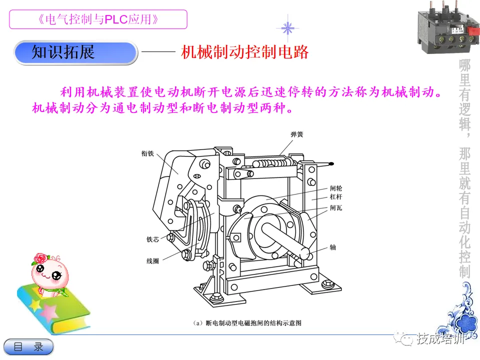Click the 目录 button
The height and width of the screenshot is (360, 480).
[x=28, y=347]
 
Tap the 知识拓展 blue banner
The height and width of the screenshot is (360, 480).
[x=75, y=52]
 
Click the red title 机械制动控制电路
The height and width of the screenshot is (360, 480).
[x=244, y=52]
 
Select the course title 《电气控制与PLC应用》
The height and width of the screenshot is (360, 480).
[x=98, y=19]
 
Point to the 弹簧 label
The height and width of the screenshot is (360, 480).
[x=297, y=134]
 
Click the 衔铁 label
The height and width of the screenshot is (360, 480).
[x=147, y=153]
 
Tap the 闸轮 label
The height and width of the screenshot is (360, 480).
[x=336, y=188]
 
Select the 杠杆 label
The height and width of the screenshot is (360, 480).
[x=336, y=197]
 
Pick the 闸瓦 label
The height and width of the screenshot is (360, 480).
[x=336, y=208]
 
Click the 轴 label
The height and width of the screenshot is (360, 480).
[x=333, y=247]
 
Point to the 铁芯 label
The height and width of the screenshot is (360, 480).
[x=153, y=239]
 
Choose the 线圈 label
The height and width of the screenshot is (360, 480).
[x=153, y=261]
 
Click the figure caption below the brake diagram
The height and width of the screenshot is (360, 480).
[x=247, y=323]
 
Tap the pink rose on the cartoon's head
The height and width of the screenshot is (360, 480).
[x=41, y=258]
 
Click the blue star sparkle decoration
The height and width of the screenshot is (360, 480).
[x=287, y=28]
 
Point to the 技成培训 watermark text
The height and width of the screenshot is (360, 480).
[x=439, y=339]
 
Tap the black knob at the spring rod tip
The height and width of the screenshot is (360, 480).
[x=331, y=164]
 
